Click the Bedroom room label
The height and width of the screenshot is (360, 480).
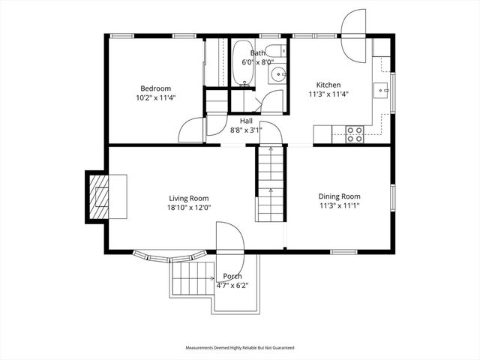click(155, 88)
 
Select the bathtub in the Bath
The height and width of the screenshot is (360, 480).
click(241, 64)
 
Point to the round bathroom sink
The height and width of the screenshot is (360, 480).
click(277, 73)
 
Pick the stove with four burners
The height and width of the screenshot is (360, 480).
click(354, 134)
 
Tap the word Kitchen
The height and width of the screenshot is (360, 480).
click(328, 85)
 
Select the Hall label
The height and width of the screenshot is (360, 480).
click(246, 121)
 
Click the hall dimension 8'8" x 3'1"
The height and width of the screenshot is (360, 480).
click(246, 130)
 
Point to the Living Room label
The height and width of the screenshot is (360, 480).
click(188, 198)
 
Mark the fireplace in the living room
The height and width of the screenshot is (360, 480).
click(100, 196)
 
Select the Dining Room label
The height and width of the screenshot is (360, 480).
click(340, 196)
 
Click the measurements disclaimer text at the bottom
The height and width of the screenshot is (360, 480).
click(240, 348)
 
